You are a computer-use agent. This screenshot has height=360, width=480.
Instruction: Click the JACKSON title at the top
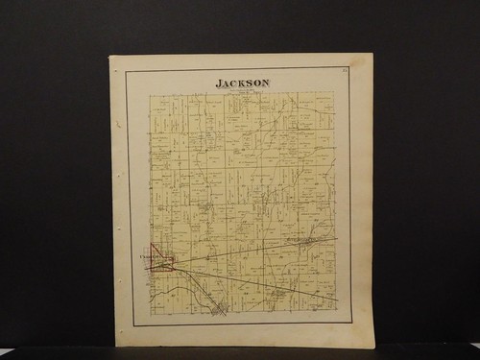(x=244, y=83)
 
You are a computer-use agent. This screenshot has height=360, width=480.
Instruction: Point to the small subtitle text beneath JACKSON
(x=244, y=90)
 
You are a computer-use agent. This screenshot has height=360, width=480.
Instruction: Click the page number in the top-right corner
(x=343, y=69)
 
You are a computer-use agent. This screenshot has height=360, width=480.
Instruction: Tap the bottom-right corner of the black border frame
(x=351, y=324)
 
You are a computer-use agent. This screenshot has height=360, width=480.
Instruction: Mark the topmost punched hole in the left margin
(x=118, y=124)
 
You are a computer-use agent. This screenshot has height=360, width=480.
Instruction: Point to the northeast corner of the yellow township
(x=334, y=92)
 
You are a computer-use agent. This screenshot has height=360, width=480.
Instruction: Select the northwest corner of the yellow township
(x=149, y=94)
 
